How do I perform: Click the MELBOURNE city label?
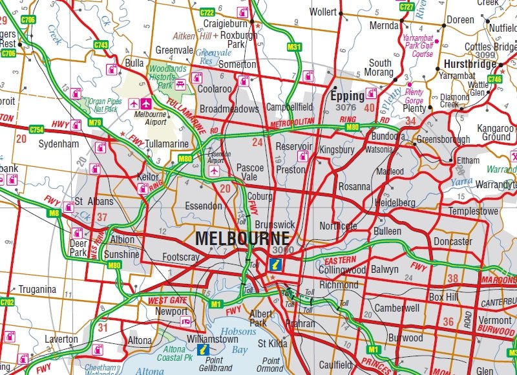click(x=242, y=238)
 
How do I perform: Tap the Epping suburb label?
click(x=348, y=96)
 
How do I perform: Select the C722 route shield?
click(x=207, y=12)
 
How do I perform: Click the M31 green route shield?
click(x=294, y=47)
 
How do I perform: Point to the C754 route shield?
click(x=36, y=129)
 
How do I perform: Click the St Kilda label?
click(x=273, y=343)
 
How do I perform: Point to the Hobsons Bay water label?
click(x=240, y=341)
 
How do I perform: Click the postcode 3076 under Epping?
click(x=346, y=107)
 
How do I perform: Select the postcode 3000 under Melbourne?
click(x=283, y=250)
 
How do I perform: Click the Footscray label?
click(x=181, y=257)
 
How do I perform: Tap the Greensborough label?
click(x=443, y=139)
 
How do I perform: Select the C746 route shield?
click(x=494, y=79)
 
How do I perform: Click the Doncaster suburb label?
click(x=452, y=241)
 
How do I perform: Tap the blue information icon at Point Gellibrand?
click(x=204, y=350)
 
